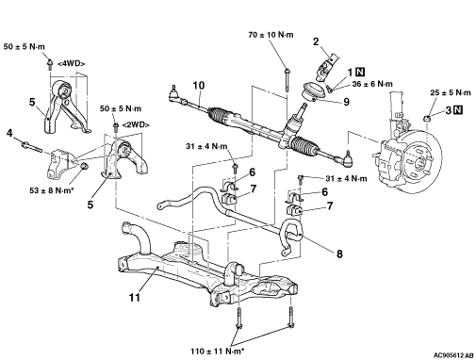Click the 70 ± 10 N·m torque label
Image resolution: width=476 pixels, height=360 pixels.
(x=271, y=35)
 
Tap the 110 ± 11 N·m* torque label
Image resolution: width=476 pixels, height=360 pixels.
(x=218, y=351)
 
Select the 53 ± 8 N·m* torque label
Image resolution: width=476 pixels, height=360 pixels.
(x=52, y=190)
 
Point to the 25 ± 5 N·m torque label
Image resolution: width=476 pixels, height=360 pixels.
(x=451, y=92)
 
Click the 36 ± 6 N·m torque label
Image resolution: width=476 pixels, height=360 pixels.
(x=372, y=84)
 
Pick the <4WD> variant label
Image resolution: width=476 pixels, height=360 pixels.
(x=71, y=63)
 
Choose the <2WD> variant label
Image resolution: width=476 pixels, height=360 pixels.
(x=136, y=124)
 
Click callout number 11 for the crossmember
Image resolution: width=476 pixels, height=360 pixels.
(x=135, y=297)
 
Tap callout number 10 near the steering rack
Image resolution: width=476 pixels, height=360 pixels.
(x=199, y=85)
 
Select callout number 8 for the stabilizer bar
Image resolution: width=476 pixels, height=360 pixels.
(x=339, y=254)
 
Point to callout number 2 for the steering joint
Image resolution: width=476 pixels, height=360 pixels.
(x=316, y=41)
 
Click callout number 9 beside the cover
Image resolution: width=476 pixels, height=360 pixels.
(x=346, y=102)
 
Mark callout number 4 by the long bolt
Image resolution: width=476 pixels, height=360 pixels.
(x=9, y=133)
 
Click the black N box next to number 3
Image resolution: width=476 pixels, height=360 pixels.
(x=458, y=110)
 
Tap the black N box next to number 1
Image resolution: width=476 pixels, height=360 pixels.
(x=360, y=73)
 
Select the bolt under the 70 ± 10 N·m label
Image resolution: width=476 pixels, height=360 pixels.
(x=287, y=80)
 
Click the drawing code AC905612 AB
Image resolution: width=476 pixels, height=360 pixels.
(x=453, y=355)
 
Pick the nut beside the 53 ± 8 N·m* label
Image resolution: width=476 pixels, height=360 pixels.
(x=84, y=166)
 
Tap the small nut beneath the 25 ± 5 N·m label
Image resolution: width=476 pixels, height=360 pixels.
(x=427, y=119)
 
